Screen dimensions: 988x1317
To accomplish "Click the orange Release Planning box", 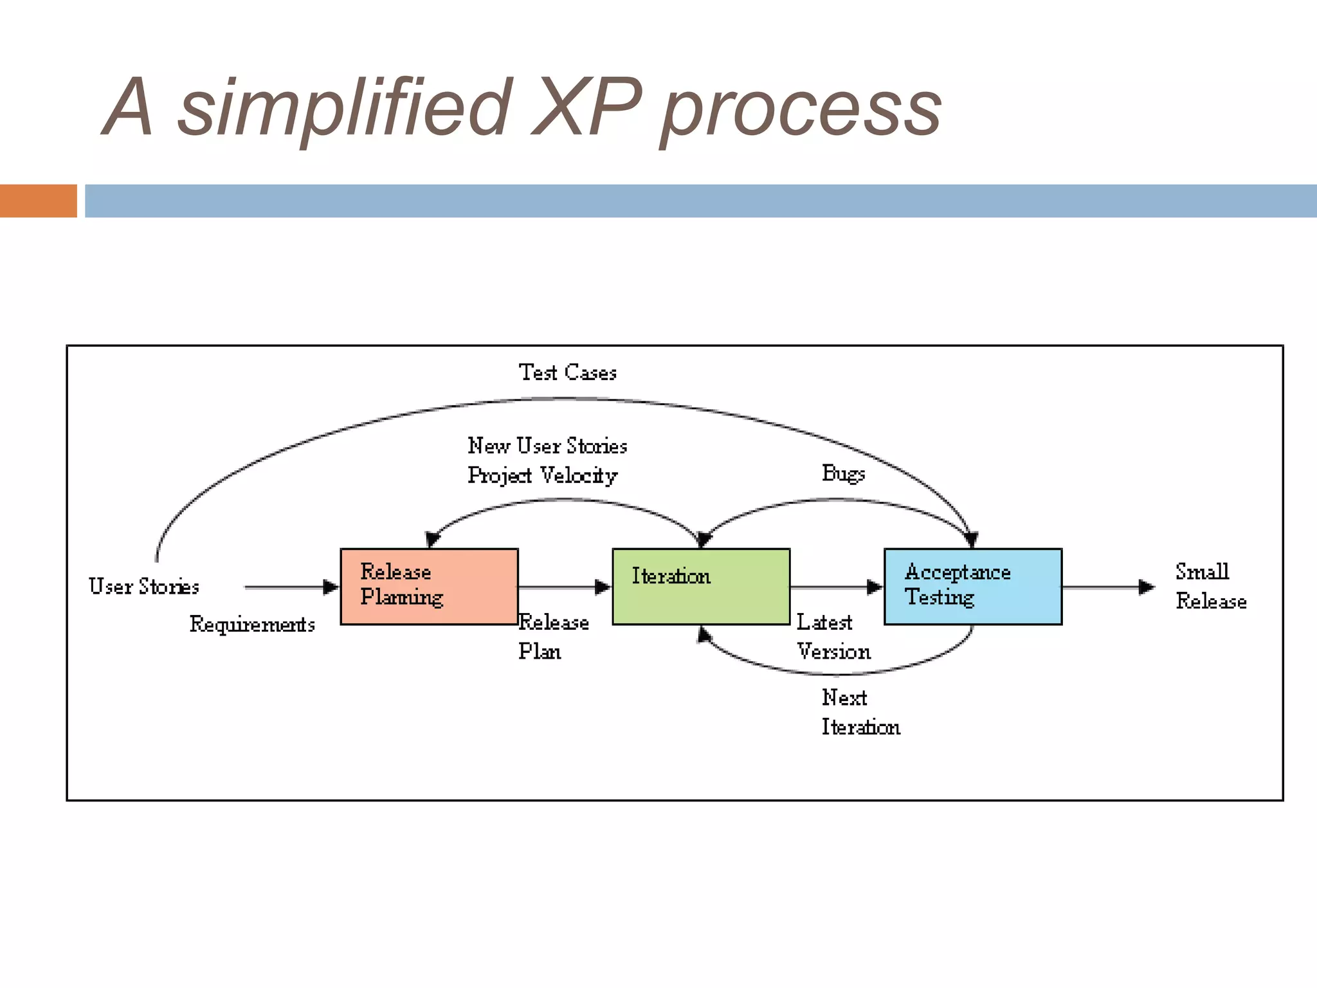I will tap(429, 586).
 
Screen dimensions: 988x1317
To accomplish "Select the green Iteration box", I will tap(701, 586).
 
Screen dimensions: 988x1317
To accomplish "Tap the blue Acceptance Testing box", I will tap(973, 586).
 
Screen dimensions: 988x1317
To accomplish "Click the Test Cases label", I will tap(567, 372).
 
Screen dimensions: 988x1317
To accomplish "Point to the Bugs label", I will tap(843, 473).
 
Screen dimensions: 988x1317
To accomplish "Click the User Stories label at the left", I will tap(144, 586).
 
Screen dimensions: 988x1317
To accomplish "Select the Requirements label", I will tap(252, 624).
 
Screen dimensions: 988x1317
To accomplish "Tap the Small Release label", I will tap(1210, 586).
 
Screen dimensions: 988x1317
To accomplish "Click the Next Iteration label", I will tap(860, 712).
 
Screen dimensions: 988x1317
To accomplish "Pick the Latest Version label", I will tap(833, 637).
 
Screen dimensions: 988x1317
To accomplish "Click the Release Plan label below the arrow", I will tap(553, 637).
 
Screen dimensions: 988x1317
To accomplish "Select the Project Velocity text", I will tap(542, 475).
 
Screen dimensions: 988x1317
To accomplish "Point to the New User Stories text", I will tap(547, 446).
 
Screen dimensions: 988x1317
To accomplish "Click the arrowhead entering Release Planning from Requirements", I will tap(331, 587).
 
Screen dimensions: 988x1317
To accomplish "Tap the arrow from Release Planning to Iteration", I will tap(565, 587).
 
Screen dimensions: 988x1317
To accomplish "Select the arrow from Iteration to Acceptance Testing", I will tap(836, 587).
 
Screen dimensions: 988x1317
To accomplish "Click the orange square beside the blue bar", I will tap(39, 201).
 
